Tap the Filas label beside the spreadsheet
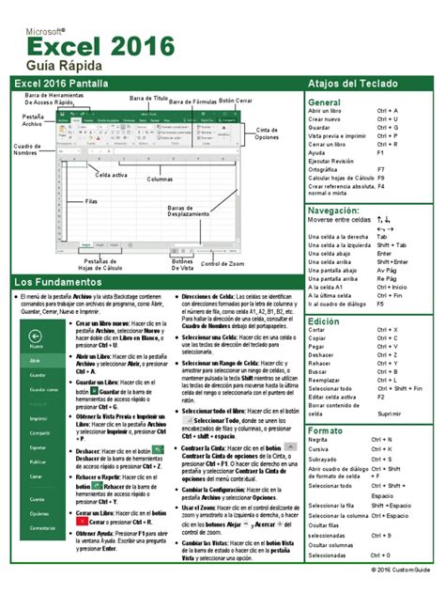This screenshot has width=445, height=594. tap(91, 201)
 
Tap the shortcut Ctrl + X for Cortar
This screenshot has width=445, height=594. tap(388, 330)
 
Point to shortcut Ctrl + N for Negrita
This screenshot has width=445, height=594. tap(382, 439)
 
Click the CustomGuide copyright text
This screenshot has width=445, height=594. tap(399, 571)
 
